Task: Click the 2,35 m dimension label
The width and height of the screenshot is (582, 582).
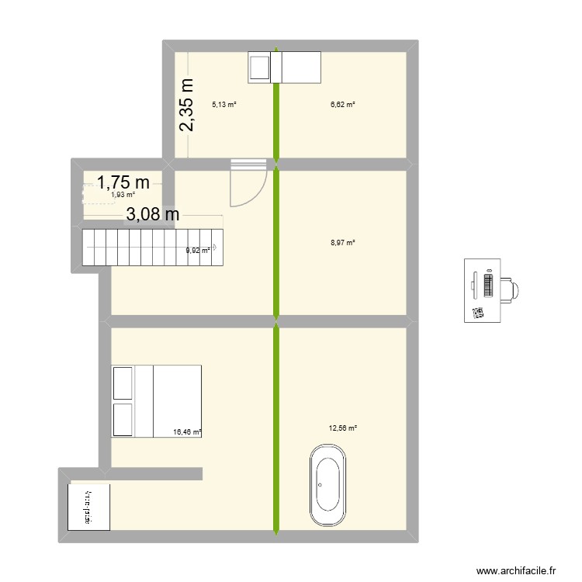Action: point(188,105)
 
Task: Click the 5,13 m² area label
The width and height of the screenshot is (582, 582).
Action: point(224,103)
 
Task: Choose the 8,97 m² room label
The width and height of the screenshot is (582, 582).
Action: point(342,243)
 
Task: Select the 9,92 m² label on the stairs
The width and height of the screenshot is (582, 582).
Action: point(197,250)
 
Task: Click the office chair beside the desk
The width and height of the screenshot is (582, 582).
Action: point(511,289)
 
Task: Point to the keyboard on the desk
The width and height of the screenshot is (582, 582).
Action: point(488,286)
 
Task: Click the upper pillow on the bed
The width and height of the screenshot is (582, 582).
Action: point(123,383)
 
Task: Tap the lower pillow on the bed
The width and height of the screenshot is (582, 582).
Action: point(123,420)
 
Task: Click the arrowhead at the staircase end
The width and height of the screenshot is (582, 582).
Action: point(214,248)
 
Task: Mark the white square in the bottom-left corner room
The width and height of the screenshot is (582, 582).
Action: point(88,507)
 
